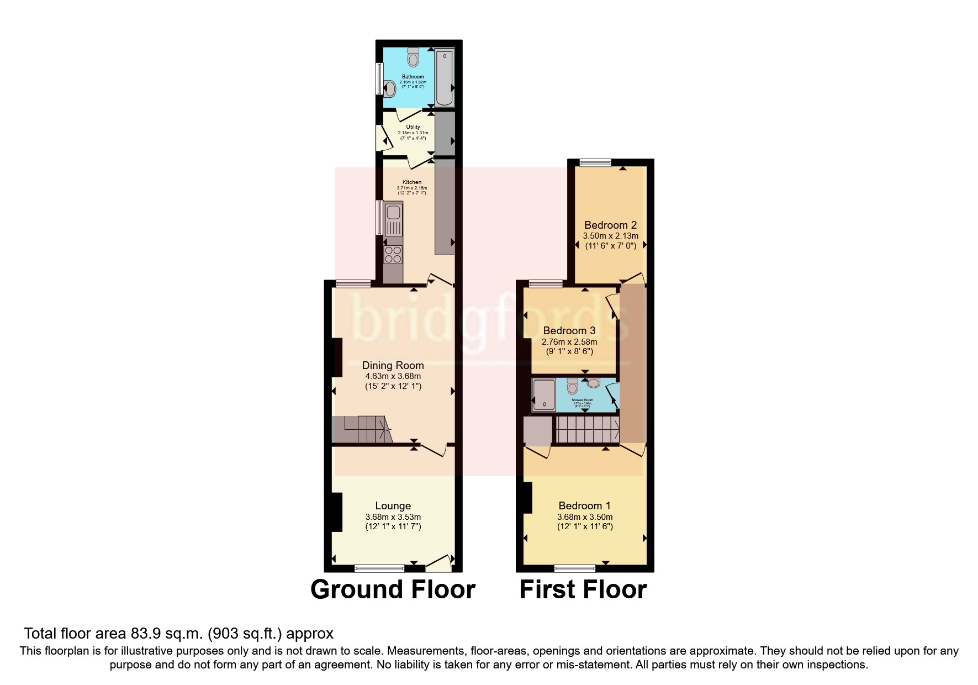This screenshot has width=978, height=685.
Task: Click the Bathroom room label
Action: coord(413,77)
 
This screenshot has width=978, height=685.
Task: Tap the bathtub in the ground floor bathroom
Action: coord(444,78)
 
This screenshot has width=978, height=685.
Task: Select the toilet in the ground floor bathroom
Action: coord(413,56)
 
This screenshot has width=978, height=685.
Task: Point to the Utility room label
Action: coord(413,127)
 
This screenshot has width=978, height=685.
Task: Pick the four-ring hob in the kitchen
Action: coord(393,255)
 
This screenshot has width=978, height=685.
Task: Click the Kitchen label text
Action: coord(411,182)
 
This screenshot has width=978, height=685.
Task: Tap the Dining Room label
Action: coord(393,365)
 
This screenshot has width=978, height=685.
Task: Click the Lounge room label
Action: coord(393,505)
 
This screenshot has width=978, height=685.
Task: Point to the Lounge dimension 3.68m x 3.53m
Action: coord(393,517)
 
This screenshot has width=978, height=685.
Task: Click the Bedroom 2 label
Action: coord(610,225)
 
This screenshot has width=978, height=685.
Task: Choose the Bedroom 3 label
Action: coord(569,330)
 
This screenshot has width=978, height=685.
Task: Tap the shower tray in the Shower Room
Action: coord(544,395)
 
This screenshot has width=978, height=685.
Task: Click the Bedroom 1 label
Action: coord(584,505)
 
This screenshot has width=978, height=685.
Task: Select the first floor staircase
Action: coord(587,430)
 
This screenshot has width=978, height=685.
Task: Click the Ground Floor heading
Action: coord(393,589)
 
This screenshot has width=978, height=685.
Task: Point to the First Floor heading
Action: coord(583,589)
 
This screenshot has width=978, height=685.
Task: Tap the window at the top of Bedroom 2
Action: coord(595,162)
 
